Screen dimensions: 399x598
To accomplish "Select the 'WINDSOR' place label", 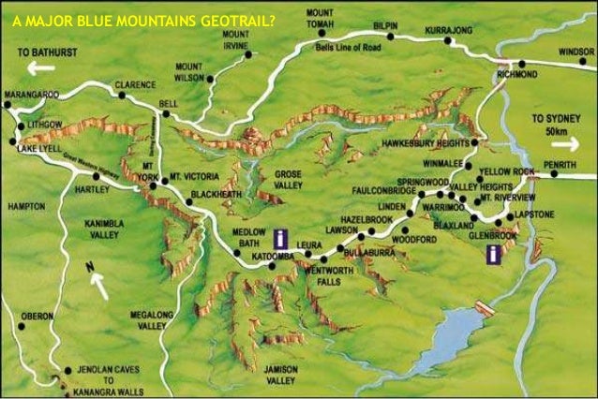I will coord(576,53).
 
